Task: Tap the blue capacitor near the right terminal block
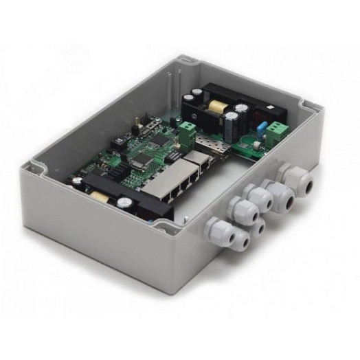pos(262,126)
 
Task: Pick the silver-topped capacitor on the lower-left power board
pos(124,203)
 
